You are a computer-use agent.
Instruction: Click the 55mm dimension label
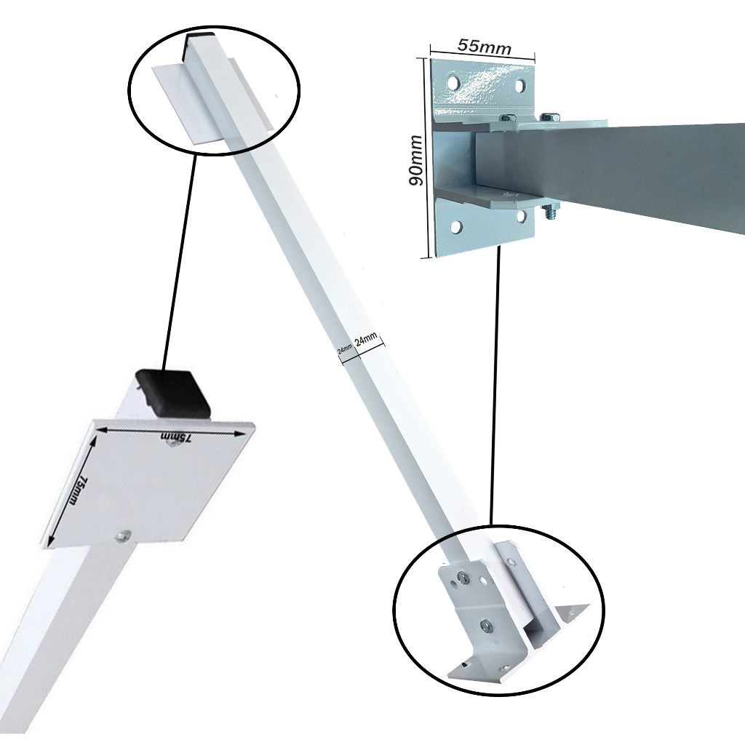click(x=484, y=45)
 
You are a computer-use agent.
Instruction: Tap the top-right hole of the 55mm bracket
click(x=520, y=86)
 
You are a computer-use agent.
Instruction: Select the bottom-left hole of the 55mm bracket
click(x=455, y=227)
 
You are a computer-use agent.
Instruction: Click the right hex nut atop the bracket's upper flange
click(x=551, y=115)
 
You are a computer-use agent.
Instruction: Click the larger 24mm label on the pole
click(x=366, y=340)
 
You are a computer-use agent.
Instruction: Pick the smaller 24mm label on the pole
click(x=345, y=348)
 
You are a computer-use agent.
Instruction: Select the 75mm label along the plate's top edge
click(x=176, y=437)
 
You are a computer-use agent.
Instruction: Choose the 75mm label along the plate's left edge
click(x=75, y=492)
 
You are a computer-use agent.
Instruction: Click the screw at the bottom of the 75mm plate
click(x=121, y=536)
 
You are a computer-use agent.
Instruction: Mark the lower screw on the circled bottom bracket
click(x=484, y=624)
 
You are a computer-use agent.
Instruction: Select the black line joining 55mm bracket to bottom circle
click(x=495, y=386)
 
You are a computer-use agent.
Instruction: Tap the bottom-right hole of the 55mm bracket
click(x=521, y=215)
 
